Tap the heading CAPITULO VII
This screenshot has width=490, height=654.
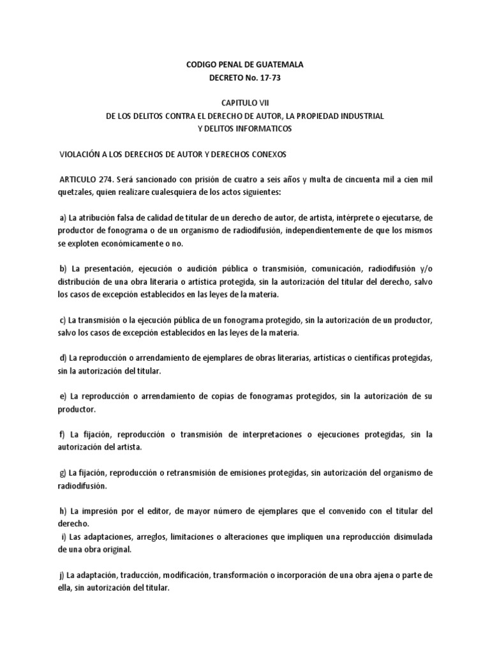[x=246, y=103]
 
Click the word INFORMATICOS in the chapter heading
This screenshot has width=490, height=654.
[x=263, y=129]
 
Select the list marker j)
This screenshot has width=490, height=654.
[x=62, y=575]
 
